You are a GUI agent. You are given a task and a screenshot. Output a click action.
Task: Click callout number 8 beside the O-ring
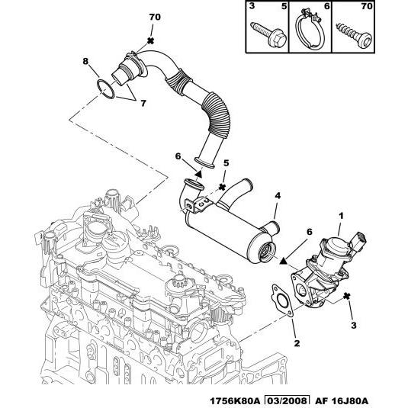(85, 61)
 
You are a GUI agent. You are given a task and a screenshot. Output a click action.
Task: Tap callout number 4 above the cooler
(278, 196)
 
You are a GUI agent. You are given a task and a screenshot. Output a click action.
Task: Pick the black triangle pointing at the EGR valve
(283, 261)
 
